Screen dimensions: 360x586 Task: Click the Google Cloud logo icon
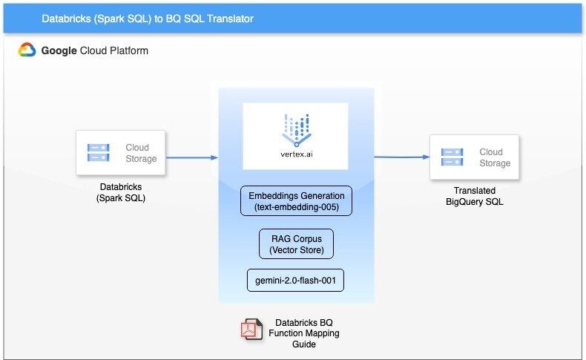pos(27,50)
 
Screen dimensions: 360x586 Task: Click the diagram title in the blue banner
pos(148,18)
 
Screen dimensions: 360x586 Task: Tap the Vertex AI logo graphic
pos(295,127)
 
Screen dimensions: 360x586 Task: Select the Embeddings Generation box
pos(295,201)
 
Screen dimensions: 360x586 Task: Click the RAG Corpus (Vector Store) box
pos(296,243)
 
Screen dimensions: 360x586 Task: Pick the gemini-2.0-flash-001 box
pos(295,280)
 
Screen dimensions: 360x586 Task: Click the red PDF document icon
pos(250,329)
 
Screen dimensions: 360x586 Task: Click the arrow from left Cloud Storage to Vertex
pos(191,157)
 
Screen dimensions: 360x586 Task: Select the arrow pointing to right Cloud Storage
pos(401,157)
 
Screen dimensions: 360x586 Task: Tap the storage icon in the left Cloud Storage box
pos(99,153)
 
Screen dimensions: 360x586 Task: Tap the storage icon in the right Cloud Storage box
pos(452,157)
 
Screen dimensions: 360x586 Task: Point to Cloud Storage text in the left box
pos(141,153)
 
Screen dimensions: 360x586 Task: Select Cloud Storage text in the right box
pos(495,157)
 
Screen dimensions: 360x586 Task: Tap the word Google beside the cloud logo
pos(61,50)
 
